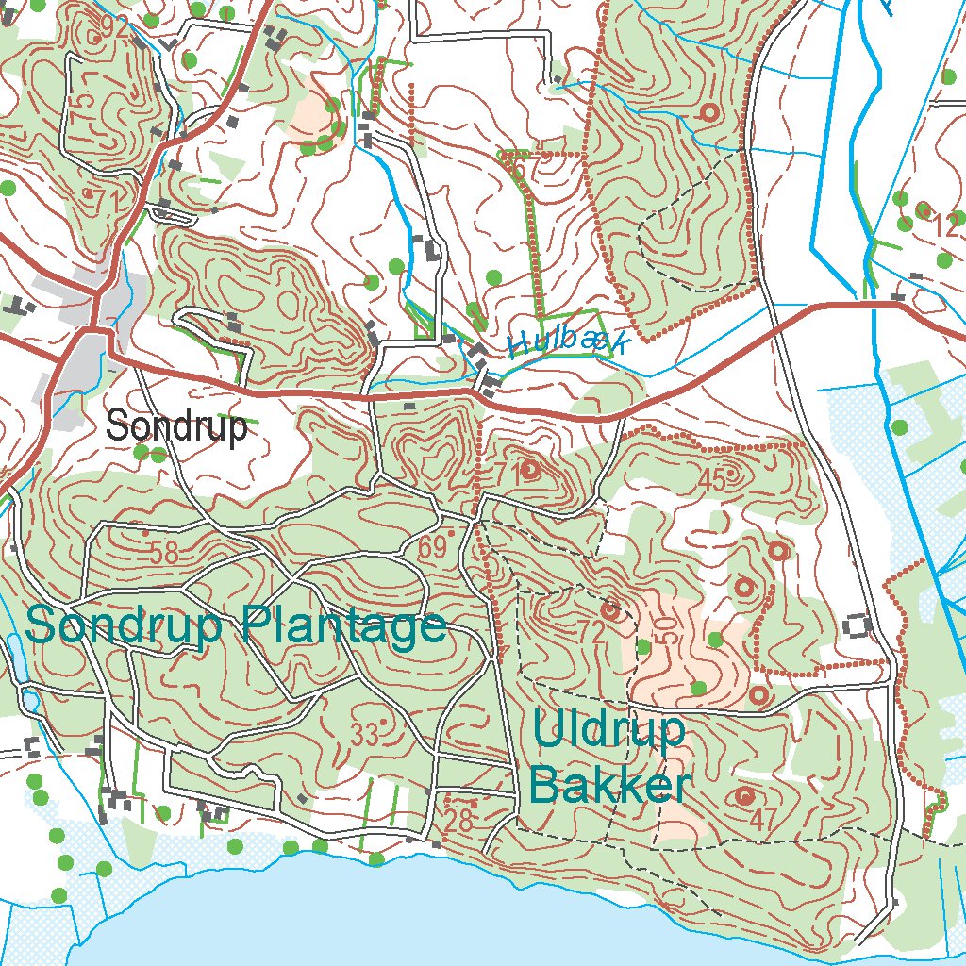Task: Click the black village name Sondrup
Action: tap(176, 426)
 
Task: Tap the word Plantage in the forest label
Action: tap(342, 625)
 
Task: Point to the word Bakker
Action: tap(610, 786)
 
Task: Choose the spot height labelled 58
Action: tap(163, 554)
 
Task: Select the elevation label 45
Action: tap(713, 480)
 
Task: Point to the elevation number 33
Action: tap(364, 733)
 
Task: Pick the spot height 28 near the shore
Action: tap(458, 821)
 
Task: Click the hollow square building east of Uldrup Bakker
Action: tap(858, 624)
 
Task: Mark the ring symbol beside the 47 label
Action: tap(745, 796)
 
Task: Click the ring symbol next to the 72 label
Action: tap(611, 610)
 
